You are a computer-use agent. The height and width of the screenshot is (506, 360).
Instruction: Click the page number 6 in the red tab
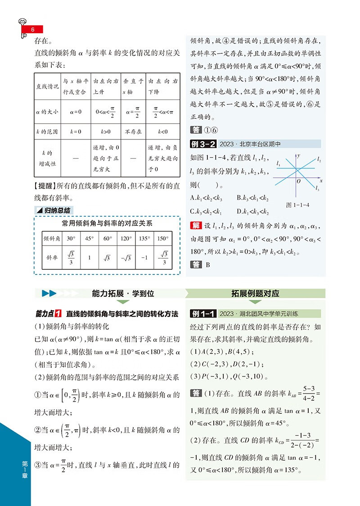point(32,30)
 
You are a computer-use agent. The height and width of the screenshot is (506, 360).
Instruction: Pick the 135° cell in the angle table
point(144,238)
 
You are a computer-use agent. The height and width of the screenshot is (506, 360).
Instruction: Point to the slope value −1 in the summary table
point(144,258)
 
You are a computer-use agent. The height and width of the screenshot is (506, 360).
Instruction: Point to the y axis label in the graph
point(299,155)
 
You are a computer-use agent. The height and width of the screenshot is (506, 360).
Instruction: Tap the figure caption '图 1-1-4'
point(297,205)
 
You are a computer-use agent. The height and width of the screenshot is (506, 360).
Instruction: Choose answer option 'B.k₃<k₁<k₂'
point(253,197)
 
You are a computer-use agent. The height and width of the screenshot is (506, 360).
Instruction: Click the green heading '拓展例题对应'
point(256,293)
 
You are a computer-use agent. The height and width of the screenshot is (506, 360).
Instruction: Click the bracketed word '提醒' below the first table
point(46,186)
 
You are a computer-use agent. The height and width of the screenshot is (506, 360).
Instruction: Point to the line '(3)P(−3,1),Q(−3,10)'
point(229,377)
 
